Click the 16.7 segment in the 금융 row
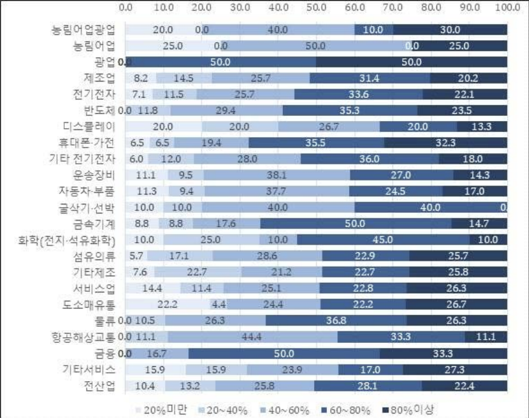(157, 353)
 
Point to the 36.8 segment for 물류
(335, 320)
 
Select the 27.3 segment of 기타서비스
(455, 369)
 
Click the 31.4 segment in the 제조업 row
(370, 78)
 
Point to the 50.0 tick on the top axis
(317, 7)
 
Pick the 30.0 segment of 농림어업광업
(450, 29)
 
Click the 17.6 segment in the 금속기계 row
(227, 224)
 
